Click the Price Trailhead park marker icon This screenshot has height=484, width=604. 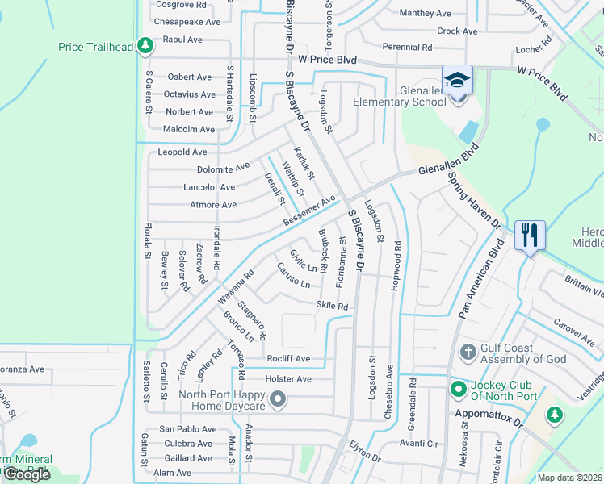point(145,46)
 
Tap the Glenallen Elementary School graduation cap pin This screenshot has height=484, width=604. point(457,81)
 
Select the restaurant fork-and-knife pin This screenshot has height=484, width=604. point(530,236)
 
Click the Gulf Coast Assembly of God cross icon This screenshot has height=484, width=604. point(467,353)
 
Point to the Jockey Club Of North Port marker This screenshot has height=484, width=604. point(459,389)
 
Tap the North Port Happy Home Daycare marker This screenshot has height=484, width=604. point(278,399)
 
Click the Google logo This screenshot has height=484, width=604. point(27,474)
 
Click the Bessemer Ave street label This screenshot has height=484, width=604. point(308,210)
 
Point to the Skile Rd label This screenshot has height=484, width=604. point(332,307)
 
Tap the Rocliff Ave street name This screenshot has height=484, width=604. point(288,358)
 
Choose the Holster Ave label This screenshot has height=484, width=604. point(288,378)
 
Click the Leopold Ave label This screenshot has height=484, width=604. point(182,152)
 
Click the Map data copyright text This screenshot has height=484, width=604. point(570,478)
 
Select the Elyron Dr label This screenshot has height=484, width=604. point(364,456)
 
